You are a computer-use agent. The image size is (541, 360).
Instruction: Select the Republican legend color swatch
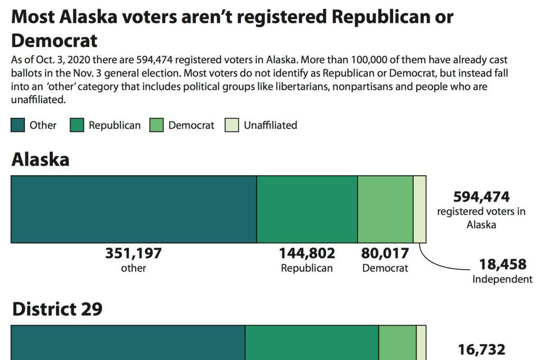(x=77, y=125)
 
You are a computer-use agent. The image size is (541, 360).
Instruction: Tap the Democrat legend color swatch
(x=156, y=125)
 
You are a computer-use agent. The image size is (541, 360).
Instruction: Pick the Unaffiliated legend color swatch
(x=232, y=125)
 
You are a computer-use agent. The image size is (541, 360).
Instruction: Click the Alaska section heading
(x=40, y=159)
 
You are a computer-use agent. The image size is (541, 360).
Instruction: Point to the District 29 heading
(x=57, y=309)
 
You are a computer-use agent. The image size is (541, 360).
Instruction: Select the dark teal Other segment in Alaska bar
(x=134, y=209)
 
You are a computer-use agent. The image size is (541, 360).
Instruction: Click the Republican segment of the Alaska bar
(x=307, y=209)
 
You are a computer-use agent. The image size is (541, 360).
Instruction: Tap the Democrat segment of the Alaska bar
(x=385, y=209)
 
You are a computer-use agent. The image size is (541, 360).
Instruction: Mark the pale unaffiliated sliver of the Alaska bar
(x=419, y=209)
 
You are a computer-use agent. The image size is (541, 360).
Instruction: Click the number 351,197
(x=134, y=254)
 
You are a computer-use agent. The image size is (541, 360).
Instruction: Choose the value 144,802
(x=307, y=254)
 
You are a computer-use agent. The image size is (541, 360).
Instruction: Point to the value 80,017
(x=385, y=254)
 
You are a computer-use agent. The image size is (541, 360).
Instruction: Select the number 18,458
(x=502, y=264)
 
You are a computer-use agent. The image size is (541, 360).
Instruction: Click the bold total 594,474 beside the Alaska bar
(x=481, y=197)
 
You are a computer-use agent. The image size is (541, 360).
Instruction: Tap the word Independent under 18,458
(x=502, y=279)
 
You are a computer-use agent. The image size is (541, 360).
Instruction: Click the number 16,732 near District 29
(x=481, y=349)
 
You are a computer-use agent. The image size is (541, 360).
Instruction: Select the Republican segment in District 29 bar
(x=312, y=343)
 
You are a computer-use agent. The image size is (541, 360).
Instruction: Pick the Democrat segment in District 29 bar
(x=397, y=343)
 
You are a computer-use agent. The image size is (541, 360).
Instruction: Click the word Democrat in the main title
(x=54, y=40)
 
